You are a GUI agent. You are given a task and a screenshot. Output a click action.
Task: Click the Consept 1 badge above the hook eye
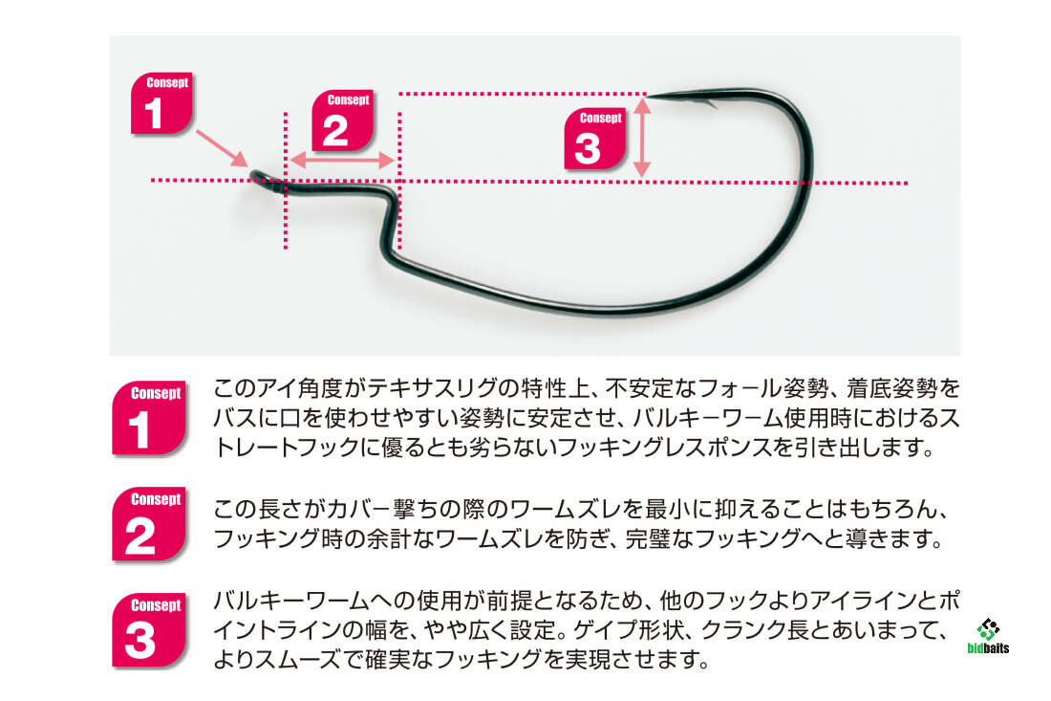(161, 103)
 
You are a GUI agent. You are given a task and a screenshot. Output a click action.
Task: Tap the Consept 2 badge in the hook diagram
(341, 121)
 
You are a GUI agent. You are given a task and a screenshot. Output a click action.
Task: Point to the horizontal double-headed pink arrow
(342, 161)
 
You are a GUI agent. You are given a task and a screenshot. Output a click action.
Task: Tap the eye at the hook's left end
(258, 176)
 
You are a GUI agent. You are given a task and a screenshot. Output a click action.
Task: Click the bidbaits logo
(988, 637)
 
